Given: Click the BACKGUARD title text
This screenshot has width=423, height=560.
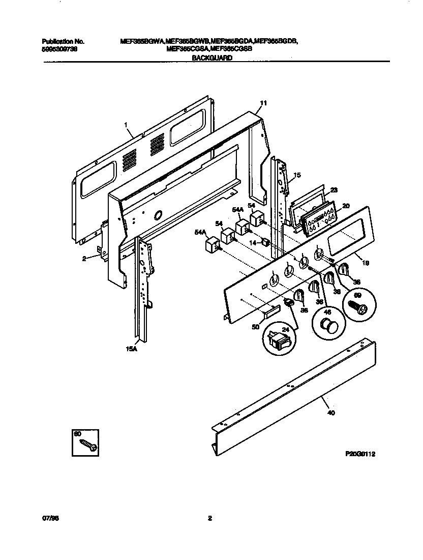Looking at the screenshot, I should pyautogui.click(x=212, y=59).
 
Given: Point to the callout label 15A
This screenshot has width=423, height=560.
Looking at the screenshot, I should pyautogui.click(x=131, y=349).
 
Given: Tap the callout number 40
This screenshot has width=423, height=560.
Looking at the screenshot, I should pyautogui.click(x=331, y=413).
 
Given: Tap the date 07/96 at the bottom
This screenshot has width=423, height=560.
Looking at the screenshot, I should pyautogui.click(x=47, y=519).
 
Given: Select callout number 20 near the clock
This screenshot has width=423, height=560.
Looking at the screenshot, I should pyautogui.click(x=346, y=206).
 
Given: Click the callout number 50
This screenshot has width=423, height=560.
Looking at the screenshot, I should pyautogui.click(x=255, y=327).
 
